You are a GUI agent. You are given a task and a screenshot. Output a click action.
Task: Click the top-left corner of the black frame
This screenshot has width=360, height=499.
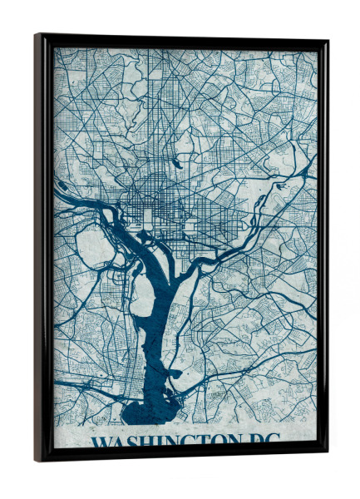[37, 36]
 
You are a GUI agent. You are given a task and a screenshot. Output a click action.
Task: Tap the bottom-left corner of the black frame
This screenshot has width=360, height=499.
[37, 460]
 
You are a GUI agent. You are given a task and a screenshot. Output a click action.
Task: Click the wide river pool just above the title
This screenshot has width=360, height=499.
[150, 413]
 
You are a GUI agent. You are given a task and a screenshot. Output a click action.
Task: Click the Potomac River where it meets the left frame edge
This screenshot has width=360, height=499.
[57, 190]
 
